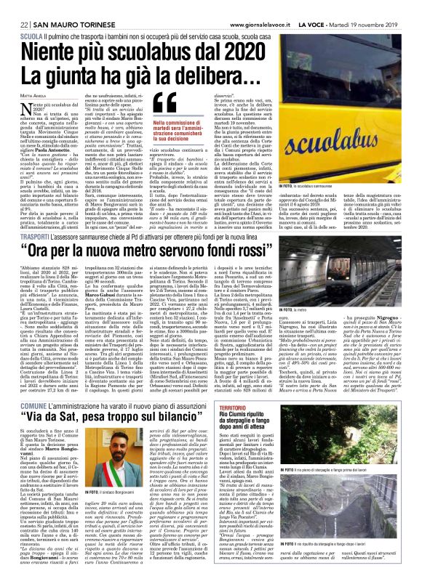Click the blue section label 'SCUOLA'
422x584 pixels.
31,35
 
